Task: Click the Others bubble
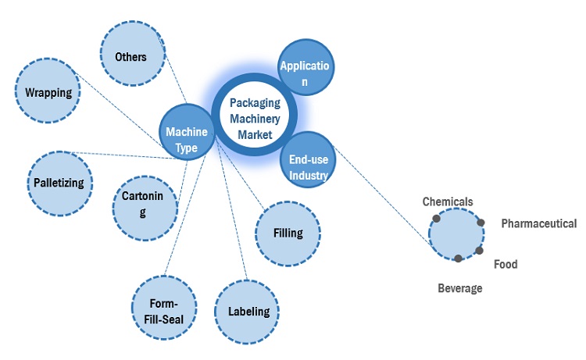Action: pos(130,56)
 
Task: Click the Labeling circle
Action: pos(248,312)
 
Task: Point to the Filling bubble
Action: pos(288,233)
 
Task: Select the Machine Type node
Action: pos(187,133)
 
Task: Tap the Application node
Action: pos(307,68)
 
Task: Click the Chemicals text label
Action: pos(448,201)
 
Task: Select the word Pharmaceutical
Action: pos(539,224)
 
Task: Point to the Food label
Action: pos(506,264)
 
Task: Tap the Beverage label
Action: pos(459,288)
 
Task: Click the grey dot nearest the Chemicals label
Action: pos(436,218)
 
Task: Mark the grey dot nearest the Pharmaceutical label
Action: pos(481,223)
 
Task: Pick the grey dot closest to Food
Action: pos(478,251)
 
